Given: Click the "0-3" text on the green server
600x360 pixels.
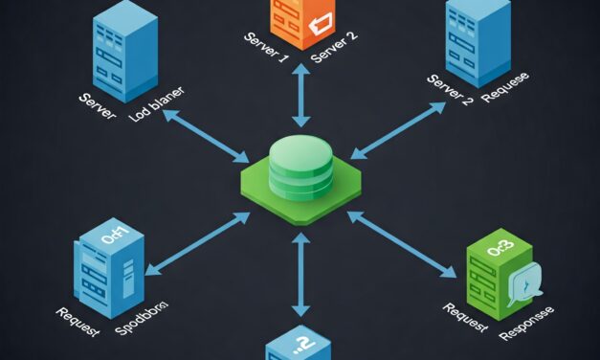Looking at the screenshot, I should coord(499,251).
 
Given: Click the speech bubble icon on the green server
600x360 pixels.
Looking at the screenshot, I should coord(524,283).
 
